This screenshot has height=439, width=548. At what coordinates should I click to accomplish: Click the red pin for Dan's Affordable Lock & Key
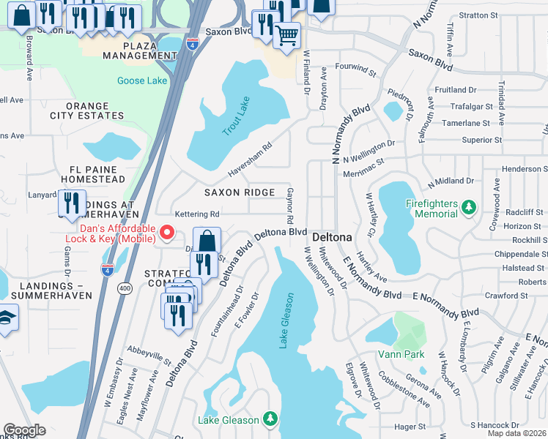167,233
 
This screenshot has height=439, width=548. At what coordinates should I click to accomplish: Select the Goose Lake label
141,80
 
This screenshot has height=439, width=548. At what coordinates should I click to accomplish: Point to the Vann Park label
401,354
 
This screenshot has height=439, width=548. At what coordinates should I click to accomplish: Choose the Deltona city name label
333,238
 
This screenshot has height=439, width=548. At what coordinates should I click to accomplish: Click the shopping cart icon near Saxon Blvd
287,34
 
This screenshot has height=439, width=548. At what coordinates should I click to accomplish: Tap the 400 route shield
125,288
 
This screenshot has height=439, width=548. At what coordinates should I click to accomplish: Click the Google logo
24,429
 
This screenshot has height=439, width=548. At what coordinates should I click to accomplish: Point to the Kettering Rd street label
196,214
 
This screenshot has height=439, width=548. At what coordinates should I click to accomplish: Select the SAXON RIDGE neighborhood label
240,192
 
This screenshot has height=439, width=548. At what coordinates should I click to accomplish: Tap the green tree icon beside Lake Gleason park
271,419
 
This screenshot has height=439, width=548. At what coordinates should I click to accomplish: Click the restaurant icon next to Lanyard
71,202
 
